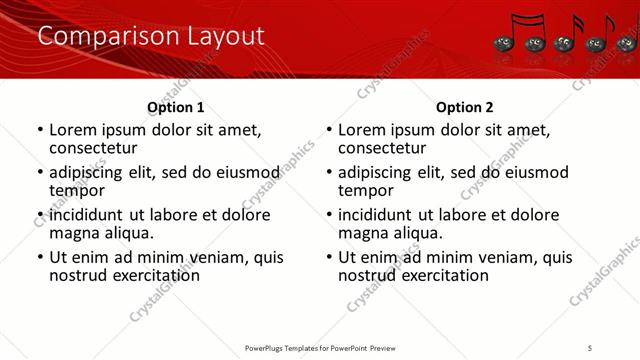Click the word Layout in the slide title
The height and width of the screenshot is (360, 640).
tap(226, 37)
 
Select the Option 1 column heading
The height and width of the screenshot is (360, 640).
tap(176, 107)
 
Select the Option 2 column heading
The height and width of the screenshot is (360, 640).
tap(465, 107)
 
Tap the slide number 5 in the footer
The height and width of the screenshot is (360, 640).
tap(590, 347)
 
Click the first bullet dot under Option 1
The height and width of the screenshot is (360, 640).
tap(40, 130)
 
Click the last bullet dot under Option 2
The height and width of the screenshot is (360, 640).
tap(329, 257)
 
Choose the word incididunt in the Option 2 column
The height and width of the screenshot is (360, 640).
tap(378, 215)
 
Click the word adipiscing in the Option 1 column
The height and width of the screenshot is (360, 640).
tap(87, 172)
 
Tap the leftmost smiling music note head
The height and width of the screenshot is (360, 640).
tap(503, 44)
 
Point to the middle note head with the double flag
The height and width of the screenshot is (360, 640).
tap(565, 44)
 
